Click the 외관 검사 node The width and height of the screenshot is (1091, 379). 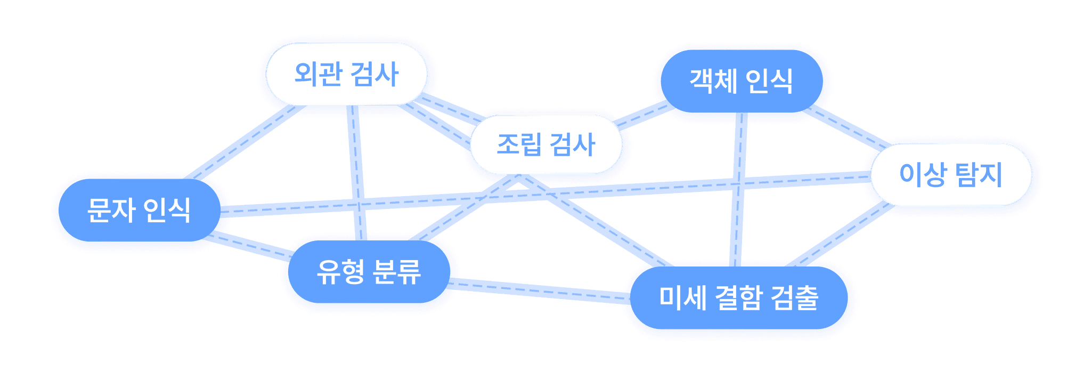pos(346,74)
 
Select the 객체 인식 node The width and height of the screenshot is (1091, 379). pos(741,82)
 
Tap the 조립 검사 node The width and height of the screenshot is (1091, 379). pos(545,144)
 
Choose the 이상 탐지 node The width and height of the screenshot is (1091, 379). pos(951,175)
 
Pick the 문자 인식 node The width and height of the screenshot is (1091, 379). pos(139,210)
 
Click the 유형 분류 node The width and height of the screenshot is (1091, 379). pos(369,272)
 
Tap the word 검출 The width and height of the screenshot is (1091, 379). pos(794,298)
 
